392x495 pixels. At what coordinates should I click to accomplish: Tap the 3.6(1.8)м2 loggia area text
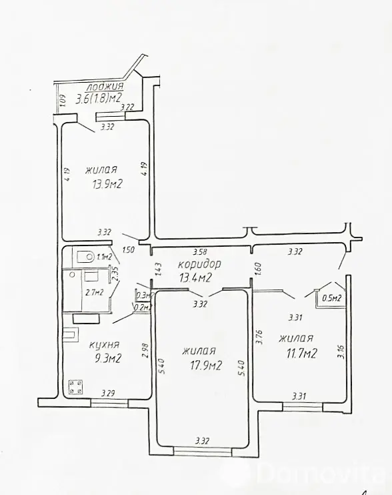(x=99, y=99)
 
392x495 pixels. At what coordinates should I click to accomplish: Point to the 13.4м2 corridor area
(x=195, y=278)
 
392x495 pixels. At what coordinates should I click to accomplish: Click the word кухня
(x=104, y=345)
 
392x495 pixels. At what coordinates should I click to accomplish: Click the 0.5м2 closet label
(x=331, y=298)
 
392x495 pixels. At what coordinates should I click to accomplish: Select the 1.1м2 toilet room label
(x=103, y=257)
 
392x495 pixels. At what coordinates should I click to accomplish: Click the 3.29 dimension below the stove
(x=109, y=394)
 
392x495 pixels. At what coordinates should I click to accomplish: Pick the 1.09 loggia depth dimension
(x=61, y=103)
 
